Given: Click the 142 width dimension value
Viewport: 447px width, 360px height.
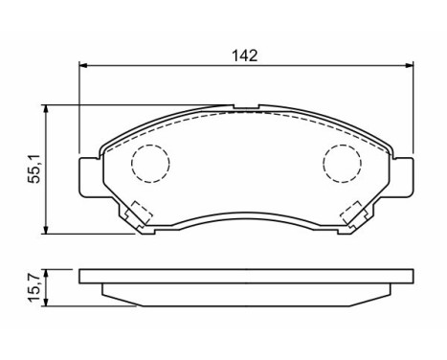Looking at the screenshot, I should point(245,56).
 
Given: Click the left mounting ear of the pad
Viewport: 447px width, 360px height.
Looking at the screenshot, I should point(88,175).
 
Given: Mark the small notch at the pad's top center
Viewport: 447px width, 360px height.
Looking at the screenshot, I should point(245,109).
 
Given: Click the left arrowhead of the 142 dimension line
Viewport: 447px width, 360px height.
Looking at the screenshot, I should point(83,66).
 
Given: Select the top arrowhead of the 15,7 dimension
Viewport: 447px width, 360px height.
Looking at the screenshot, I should point(48,272).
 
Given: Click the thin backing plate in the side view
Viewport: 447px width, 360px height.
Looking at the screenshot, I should point(245,278).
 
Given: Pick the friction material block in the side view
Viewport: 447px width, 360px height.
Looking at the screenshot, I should point(245,292).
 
